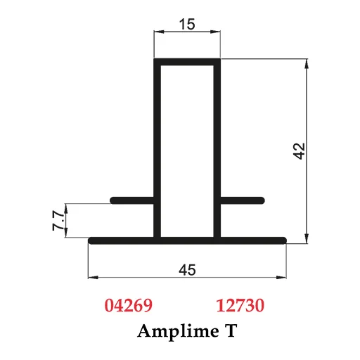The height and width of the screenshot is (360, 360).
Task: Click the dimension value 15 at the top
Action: click(188, 24)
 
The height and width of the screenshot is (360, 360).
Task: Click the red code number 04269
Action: click(128, 306)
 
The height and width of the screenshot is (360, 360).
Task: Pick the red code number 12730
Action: click(240, 306)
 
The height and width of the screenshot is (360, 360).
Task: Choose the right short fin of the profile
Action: click(243, 200)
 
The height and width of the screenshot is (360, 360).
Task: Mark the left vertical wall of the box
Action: click(157, 148)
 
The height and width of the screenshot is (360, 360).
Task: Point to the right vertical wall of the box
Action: click(218, 148)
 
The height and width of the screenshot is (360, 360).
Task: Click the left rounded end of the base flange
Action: click(92, 240)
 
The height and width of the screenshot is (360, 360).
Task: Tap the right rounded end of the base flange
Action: click(283, 240)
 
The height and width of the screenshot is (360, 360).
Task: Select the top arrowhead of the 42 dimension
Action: click(307, 64)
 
